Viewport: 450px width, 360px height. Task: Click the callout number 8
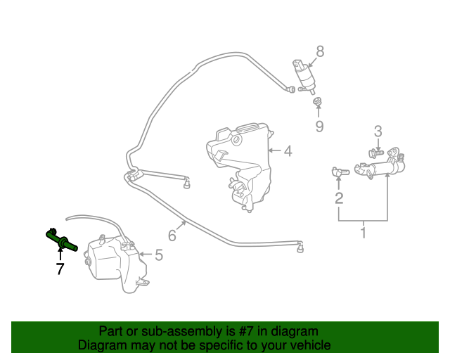coord(320,51)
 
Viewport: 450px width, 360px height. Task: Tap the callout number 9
coord(319,127)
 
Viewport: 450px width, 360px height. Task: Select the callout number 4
coord(288,150)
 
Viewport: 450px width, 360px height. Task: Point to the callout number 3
coord(378,131)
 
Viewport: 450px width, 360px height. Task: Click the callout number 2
coord(339,198)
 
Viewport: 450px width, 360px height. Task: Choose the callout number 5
coord(158,255)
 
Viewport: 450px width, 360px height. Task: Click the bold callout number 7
coord(60,269)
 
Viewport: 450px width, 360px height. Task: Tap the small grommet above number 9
coord(317,103)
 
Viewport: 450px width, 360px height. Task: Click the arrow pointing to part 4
coord(274,150)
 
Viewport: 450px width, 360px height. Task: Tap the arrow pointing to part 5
coord(143,255)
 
